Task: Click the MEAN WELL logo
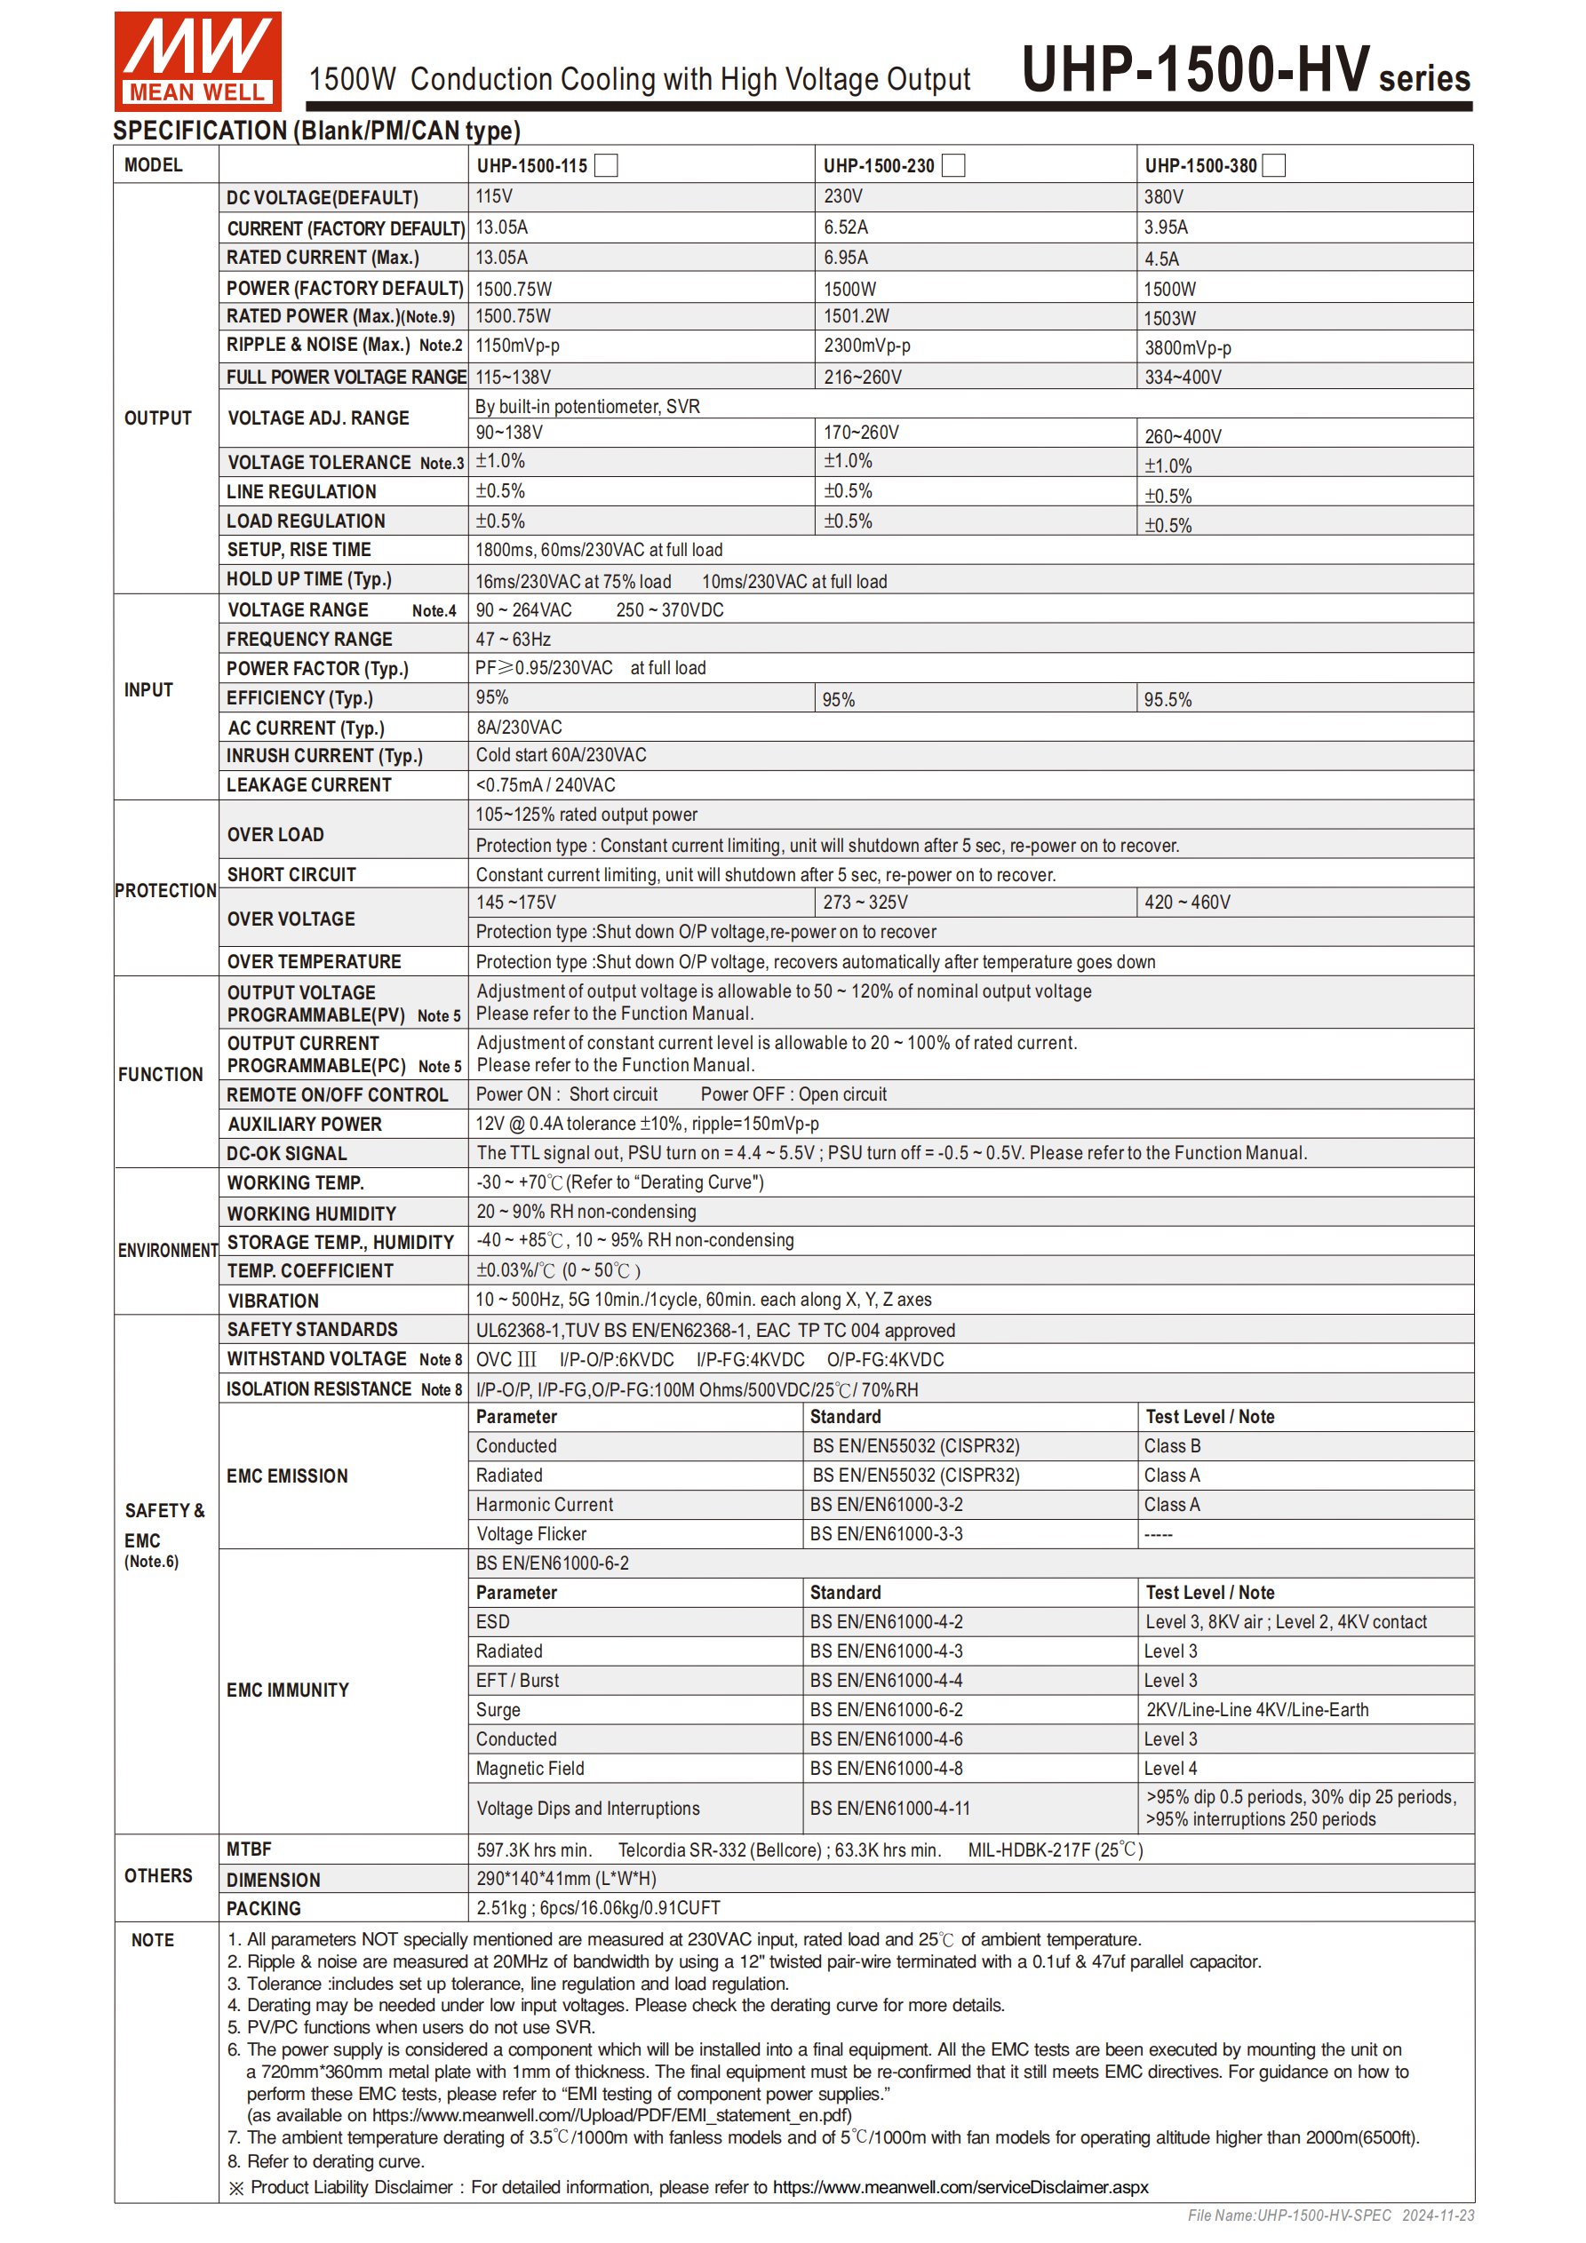197,60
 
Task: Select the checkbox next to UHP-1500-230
952,165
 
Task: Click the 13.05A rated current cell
501,258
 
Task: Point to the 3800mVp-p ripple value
1187,348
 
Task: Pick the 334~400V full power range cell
1183,377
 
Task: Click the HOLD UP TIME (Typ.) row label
309,579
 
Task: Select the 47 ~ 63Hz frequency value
513,639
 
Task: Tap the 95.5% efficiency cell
1168,699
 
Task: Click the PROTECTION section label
165,890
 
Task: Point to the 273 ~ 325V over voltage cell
865,902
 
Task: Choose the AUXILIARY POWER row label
304,1125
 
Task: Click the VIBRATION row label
273,1300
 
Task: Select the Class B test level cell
1172,1446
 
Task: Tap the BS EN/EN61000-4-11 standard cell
889,1809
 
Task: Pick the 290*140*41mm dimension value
566,1879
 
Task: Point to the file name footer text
1330,2215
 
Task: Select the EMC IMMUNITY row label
287,1690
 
